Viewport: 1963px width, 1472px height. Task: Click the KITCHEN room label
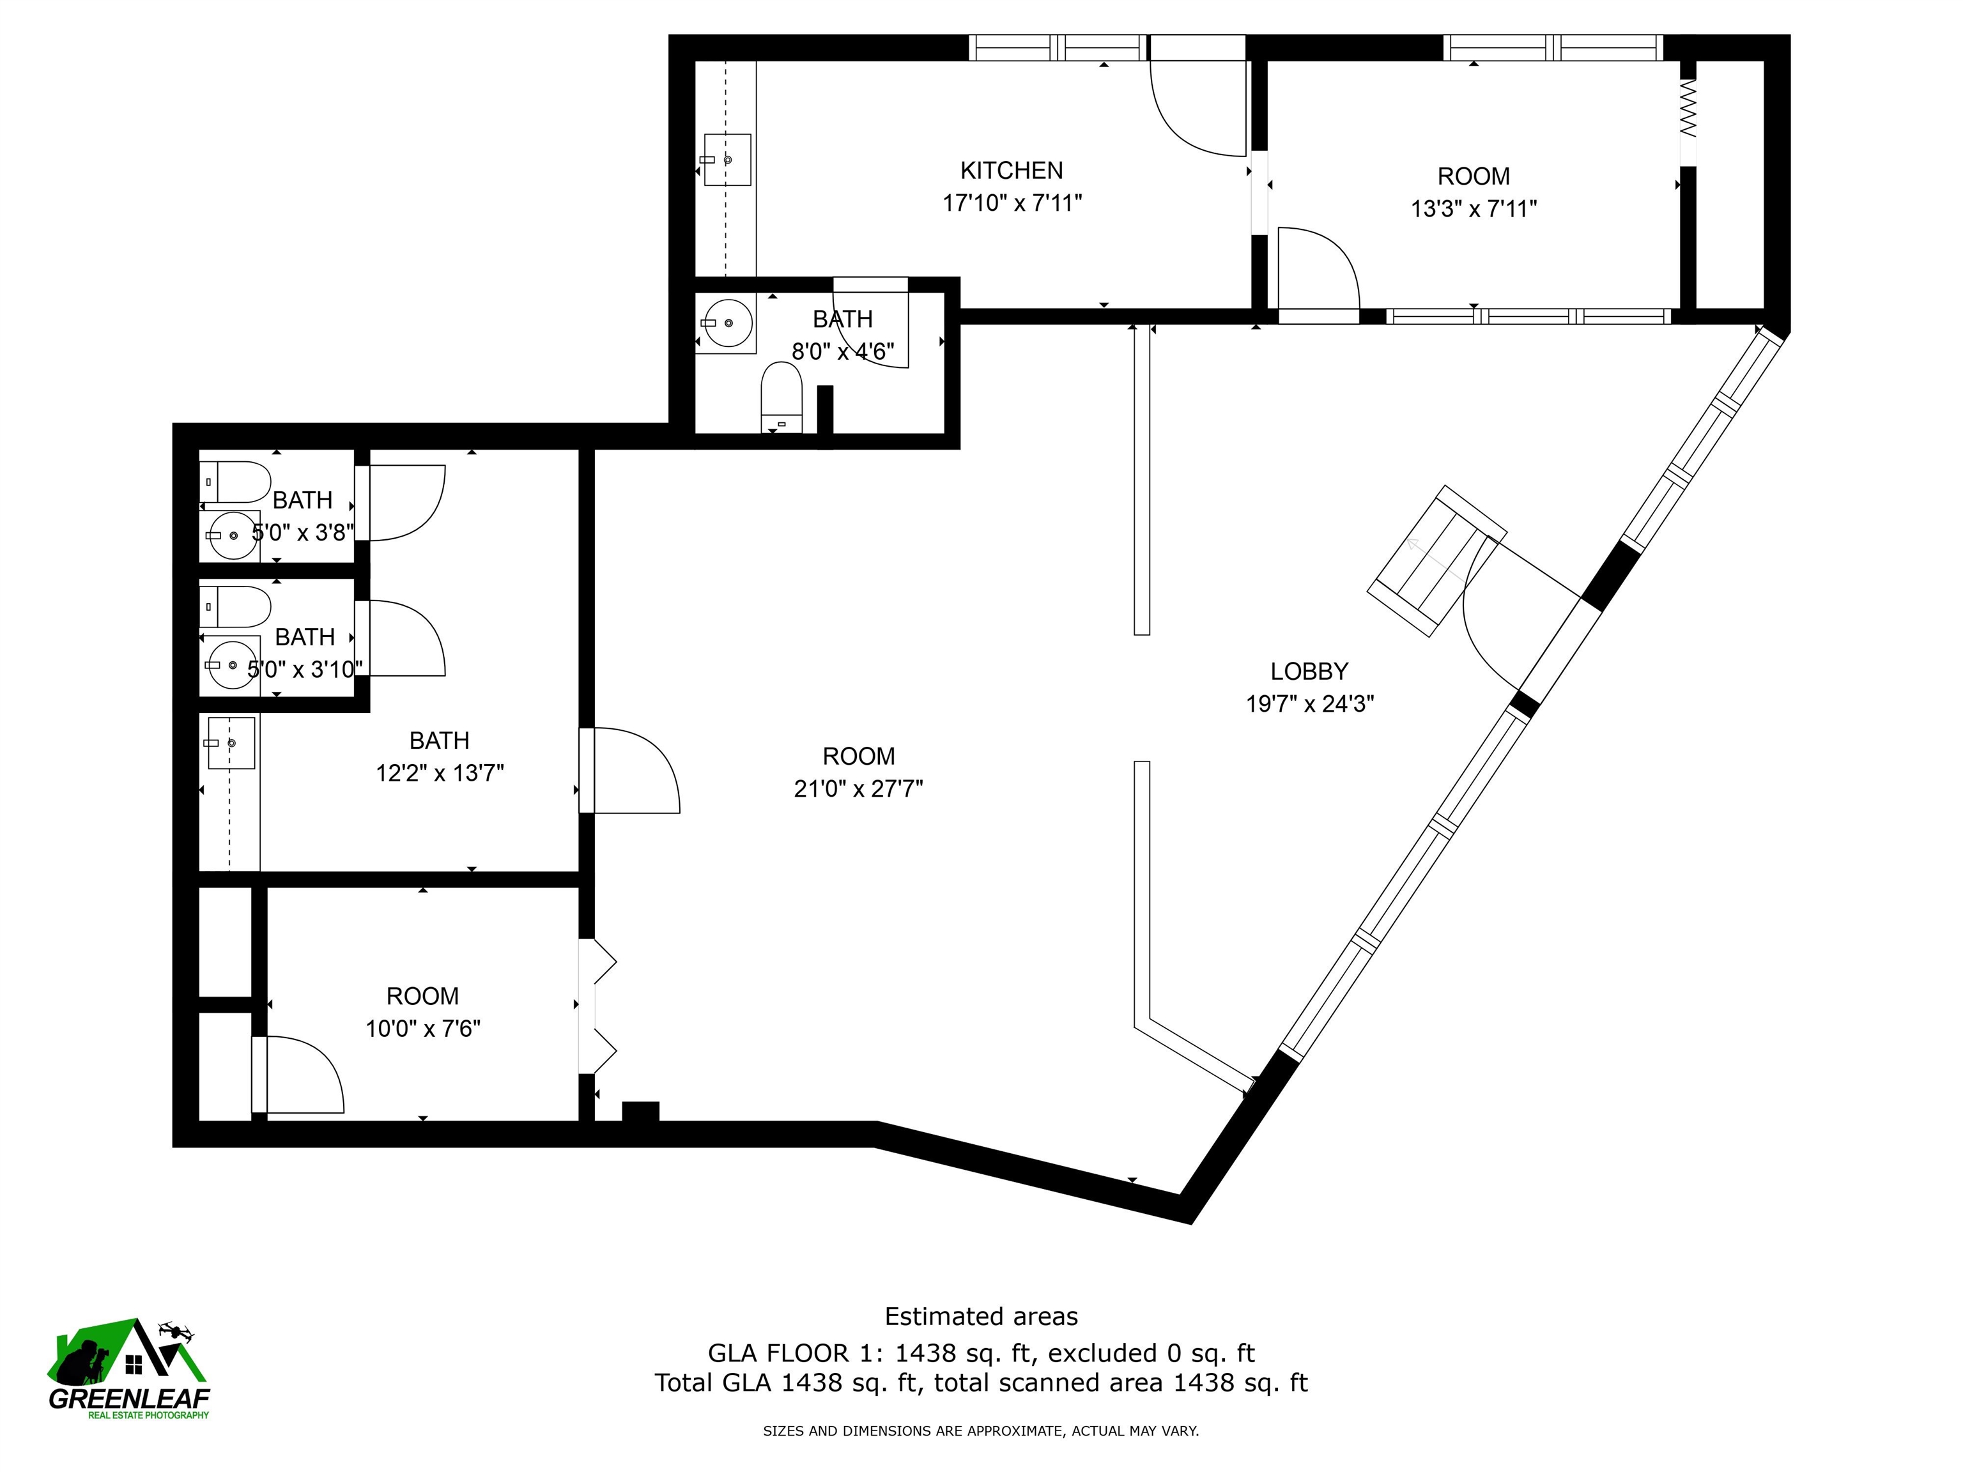click(x=1012, y=171)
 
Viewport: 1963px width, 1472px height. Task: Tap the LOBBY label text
click(x=1309, y=671)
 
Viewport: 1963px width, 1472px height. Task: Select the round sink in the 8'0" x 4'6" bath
click(x=728, y=322)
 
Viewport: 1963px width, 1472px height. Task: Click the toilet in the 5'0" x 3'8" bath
click(x=235, y=482)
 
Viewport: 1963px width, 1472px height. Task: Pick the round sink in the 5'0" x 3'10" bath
click(x=230, y=664)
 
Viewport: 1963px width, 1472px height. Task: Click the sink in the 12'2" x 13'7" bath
click(x=231, y=742)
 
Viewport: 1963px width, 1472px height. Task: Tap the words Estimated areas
click(x=981, y=1317)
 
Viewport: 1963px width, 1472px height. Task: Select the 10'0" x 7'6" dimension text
click(x=423, y=1029)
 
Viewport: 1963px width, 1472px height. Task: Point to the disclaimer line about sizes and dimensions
click(x=981, y=1430)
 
